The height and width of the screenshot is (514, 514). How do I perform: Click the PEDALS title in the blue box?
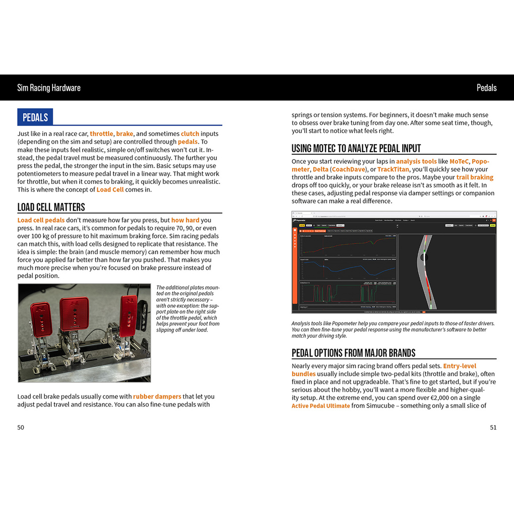click(x=35, y=117)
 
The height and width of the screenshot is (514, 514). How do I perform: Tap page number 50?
click(x=21, y=427)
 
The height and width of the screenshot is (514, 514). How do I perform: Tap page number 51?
click(x=493, y=427)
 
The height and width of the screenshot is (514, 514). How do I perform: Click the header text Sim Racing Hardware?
click(x=49, y=88)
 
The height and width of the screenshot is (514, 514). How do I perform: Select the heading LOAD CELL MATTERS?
click(x=51, y=207)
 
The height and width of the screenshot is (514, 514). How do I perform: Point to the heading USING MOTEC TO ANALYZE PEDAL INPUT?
click(x=356, y=148)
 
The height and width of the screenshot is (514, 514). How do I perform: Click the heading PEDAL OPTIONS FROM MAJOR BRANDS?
click(x=353, y=353)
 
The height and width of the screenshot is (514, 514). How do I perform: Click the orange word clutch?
click(x=190, y=134)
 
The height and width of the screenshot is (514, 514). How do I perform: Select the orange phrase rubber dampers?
click(x=157, y=397)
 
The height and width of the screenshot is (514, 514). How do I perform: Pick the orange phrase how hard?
click(x=185, y=220)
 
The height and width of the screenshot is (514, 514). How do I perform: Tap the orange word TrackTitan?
click(x=393, y=169)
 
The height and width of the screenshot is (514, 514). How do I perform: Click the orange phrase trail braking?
click(x=475, y=177)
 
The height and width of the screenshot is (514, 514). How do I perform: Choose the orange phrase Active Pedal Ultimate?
click(x=320, y=406)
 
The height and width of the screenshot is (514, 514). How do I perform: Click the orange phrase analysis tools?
click(x=416, y=161)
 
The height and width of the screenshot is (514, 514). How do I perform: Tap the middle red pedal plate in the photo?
click(x=74, y=312)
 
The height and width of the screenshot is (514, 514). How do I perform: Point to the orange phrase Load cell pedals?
click(x=41, y=220)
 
